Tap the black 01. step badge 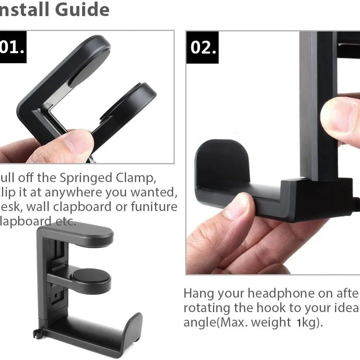click(x=12, y=47)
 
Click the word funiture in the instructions click(x=154, y=207)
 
